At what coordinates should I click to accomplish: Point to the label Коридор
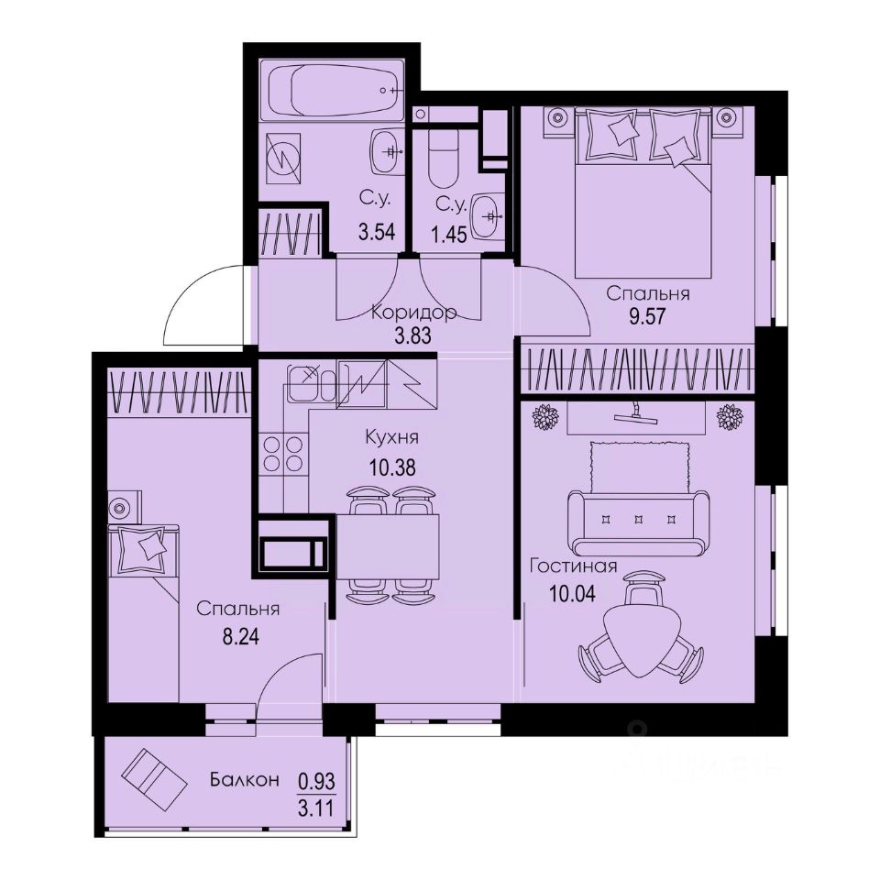(413, 313)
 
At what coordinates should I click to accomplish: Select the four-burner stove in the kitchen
(283, 454)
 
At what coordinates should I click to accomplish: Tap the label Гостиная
(573, 566)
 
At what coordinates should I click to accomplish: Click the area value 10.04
(572, 592)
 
